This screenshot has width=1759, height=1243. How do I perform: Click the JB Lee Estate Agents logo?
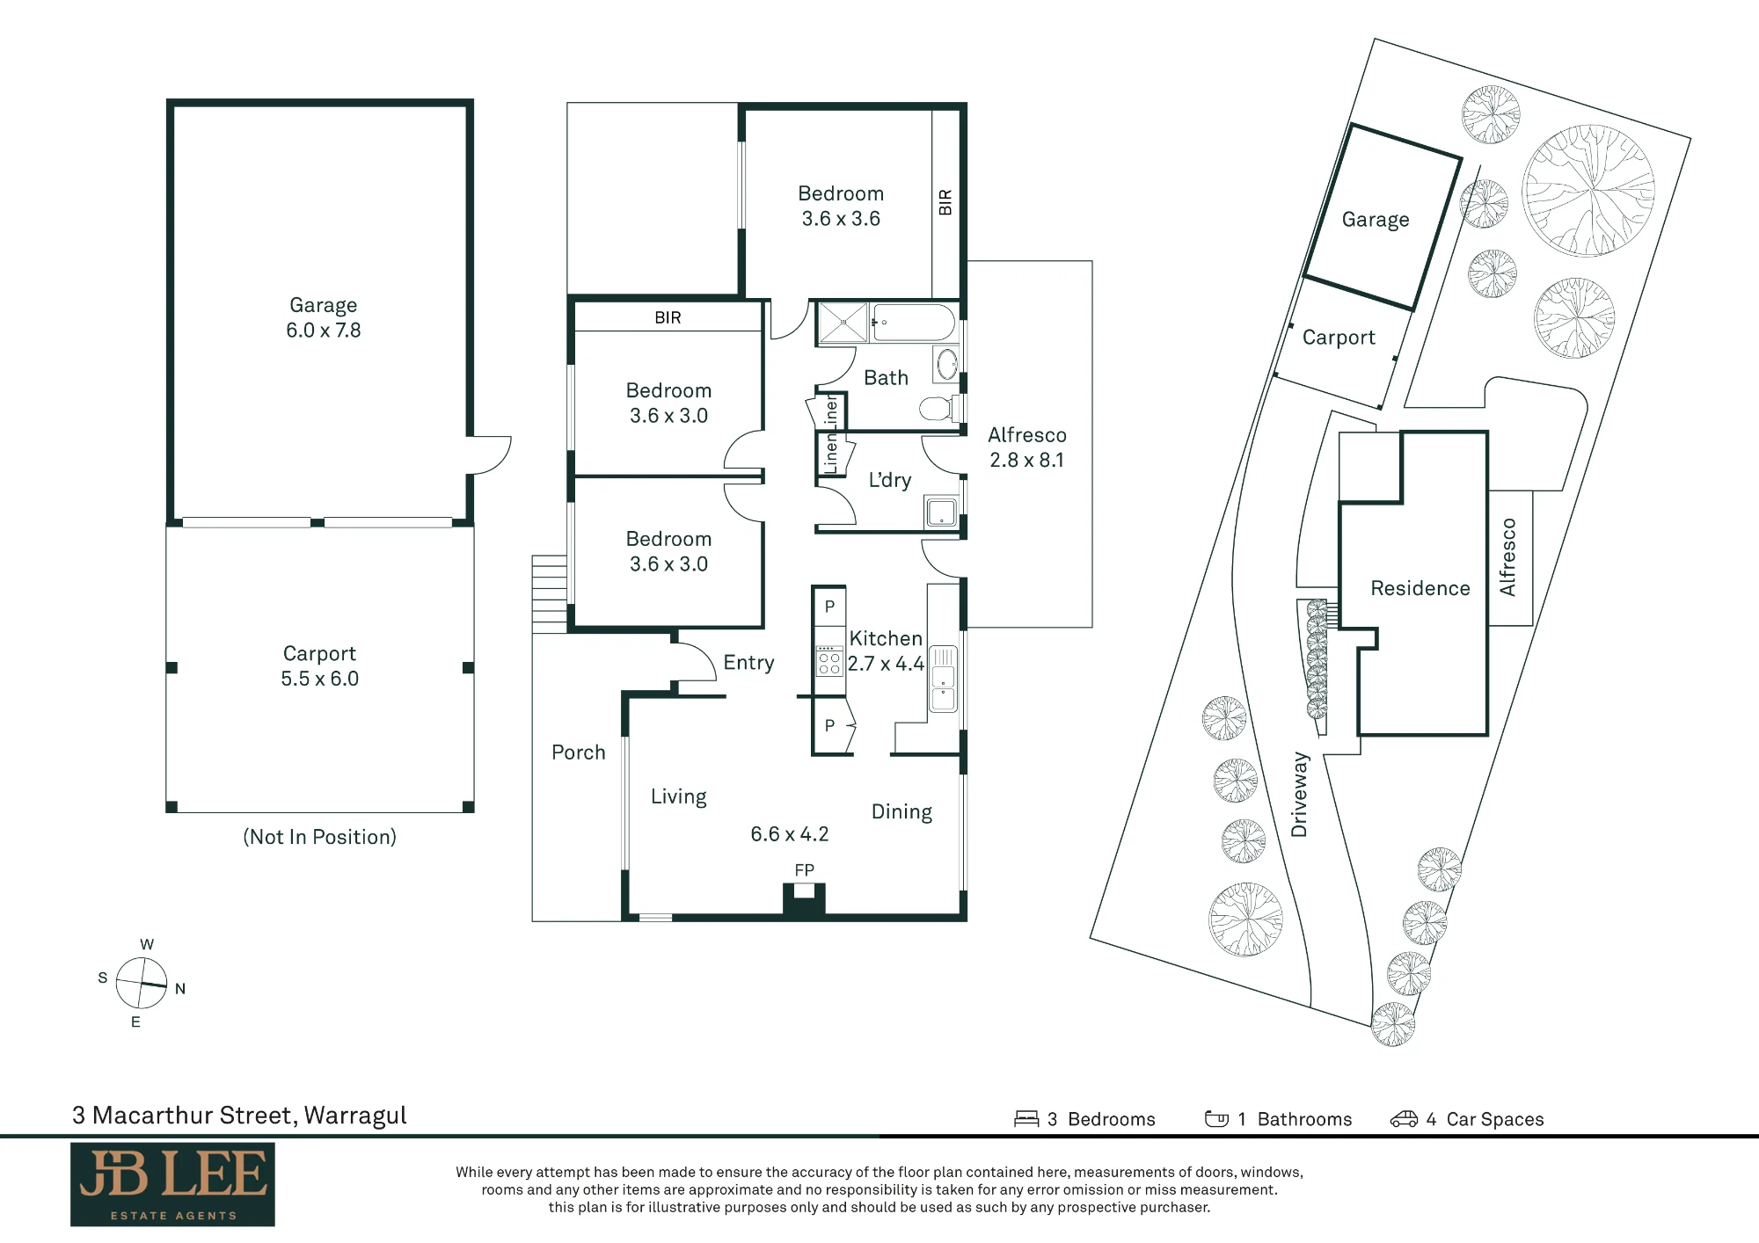coord(172,1184)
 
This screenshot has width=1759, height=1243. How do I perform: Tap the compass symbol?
coord(142,983)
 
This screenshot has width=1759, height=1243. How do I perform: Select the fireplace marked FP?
coord(804,900)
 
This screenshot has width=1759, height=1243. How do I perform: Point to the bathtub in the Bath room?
coord(912,323)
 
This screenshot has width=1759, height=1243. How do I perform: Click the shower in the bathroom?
coord(843,323)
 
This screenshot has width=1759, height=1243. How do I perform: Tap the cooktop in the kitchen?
coord(829,661)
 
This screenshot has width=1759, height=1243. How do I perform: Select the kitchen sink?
coord(943,679)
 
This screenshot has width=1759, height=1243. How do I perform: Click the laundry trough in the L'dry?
coord(941,512)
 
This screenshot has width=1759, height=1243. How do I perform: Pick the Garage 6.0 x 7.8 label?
coord(323,317)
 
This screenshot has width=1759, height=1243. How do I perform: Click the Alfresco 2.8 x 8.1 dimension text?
coord(1026,460)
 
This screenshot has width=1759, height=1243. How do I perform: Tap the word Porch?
coord(579,752)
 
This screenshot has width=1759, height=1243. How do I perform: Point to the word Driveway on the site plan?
coord(1299,794)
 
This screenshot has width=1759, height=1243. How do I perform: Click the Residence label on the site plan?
coord(1420,588)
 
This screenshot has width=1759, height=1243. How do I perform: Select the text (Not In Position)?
coord(319,837)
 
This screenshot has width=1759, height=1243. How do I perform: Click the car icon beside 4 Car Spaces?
coord(1404,1119)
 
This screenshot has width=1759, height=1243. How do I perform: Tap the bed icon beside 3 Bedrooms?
coord(1026,1119)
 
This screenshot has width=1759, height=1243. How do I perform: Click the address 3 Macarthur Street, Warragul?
coord(239,1116)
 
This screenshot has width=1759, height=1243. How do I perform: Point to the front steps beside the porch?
coord(550,593)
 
